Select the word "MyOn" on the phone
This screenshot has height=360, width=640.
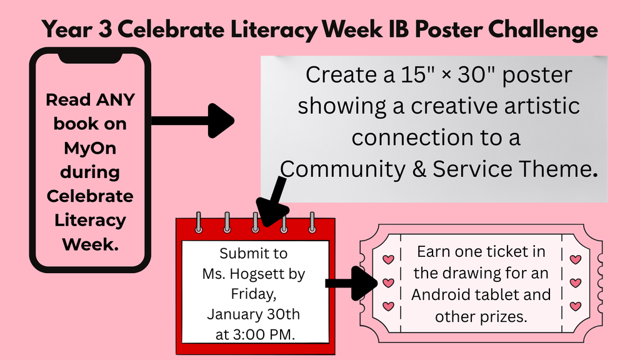(86, 148)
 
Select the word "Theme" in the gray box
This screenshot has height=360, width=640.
(562, 168)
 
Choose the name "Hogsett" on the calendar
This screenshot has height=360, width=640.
(279, 273)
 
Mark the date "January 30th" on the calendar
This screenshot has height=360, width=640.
(253, 314)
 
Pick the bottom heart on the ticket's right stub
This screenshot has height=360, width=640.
(575, 306)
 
